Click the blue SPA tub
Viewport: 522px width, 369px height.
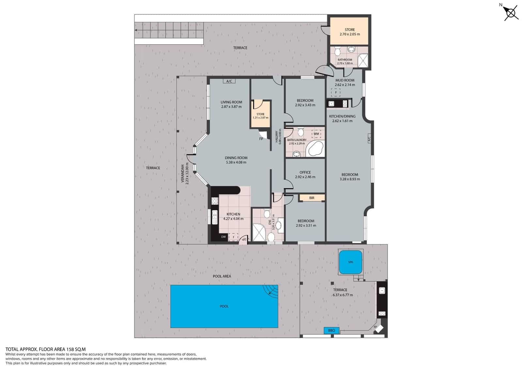click(350, 262)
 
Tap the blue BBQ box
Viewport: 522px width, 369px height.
click(331, 330)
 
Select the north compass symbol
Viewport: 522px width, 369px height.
click(511, 13)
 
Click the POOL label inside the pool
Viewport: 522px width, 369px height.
click(224, 306)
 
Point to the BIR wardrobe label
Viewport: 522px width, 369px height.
click(312, 198)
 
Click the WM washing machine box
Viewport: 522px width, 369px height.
click(316, 134)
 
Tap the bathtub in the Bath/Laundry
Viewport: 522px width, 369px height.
click(315, 149)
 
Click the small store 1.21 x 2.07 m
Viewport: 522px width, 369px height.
click(260, 114)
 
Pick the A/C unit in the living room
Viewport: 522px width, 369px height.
click(229, 81)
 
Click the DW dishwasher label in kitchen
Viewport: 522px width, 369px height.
click(223, 237)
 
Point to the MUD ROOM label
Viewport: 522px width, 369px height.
click(345, 80)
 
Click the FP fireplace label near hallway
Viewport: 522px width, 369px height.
click(261, 139)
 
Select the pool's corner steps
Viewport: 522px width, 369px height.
click(271, 290)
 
